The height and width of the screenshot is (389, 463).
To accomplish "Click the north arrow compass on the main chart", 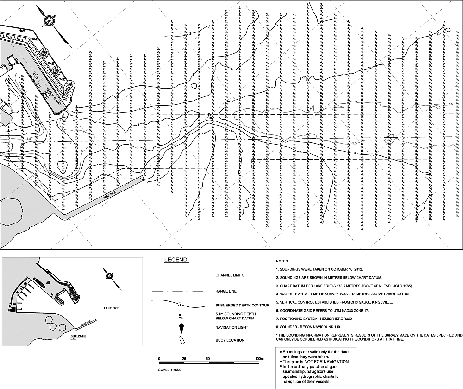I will coord(49,20).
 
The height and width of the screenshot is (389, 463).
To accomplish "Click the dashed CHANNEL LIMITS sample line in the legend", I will coord(178,276).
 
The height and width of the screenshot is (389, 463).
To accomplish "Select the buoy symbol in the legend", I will coord(181,341).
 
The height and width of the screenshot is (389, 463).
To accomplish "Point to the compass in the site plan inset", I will coord(109,275).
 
